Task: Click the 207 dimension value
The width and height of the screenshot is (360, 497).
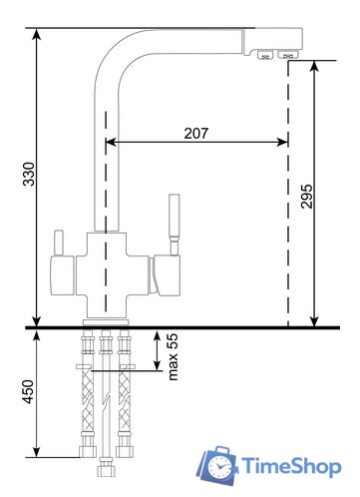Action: [196, 133]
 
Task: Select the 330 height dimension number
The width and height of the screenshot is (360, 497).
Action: [29, 174]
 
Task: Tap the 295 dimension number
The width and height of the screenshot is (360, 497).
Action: [306, 197]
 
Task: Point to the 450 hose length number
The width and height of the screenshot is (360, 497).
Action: [29, 392]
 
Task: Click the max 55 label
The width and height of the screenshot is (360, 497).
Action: [173, 357]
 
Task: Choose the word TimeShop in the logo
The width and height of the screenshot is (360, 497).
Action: [291, 466]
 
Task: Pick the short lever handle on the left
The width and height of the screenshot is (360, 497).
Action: [59, 243]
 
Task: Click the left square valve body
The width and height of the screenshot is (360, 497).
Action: [62, 275]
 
